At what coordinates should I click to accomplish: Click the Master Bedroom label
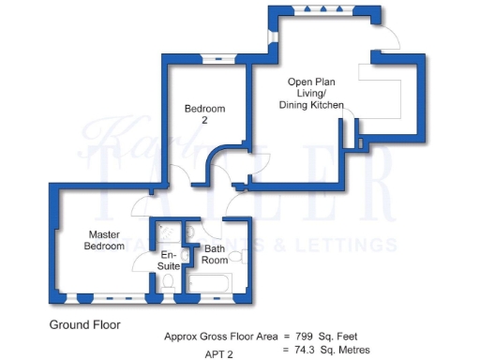[105, 240]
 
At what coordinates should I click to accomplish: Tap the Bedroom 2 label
[203, 114]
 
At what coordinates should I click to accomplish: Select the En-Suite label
[169, 260]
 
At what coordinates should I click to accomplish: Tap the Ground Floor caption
[84, 324]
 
